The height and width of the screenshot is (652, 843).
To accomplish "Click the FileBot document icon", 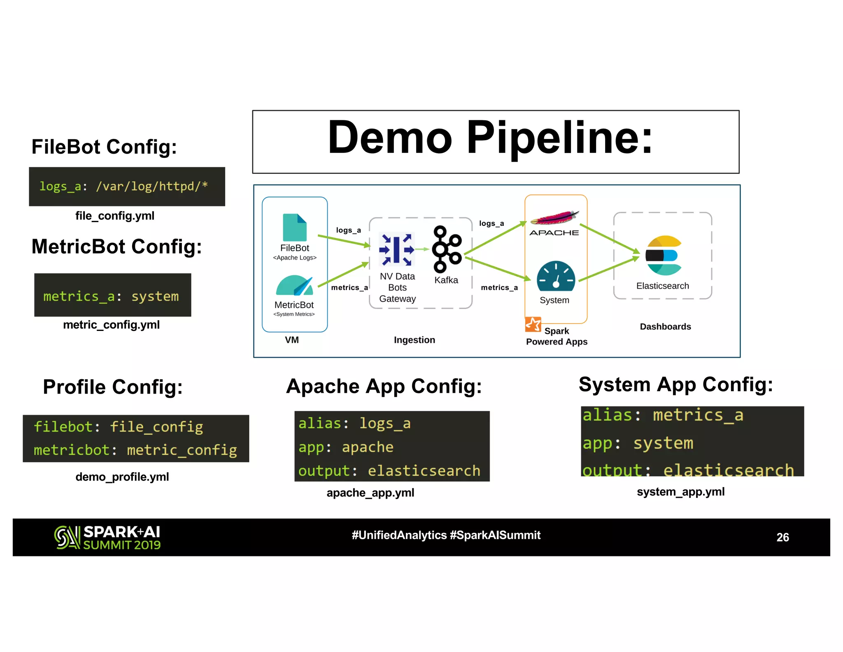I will tap(294, 227).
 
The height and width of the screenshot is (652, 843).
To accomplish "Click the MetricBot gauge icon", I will tap(294, 285).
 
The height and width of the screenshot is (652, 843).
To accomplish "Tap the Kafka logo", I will tap(446, 249).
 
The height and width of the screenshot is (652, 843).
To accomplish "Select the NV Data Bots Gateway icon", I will tap(396, 249).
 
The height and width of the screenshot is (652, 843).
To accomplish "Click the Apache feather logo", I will tap(554, 218).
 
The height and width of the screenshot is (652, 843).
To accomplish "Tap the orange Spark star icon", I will tap(533, 324).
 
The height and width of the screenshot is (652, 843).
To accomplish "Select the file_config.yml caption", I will tap(115, 216).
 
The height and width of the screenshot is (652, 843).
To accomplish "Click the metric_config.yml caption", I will tap(111, 325).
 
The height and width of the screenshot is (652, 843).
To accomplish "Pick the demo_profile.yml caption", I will tap(122, 477).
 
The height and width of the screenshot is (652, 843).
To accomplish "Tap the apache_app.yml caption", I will tap(370, 493).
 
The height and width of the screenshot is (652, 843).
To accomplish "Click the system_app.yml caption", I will tap(680, 492).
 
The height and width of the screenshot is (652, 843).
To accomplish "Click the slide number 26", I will tap(782, 537).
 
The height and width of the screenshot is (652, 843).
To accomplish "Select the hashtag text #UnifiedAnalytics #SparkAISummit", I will tap(446, 535).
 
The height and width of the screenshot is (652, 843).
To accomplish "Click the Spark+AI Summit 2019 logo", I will tap(107, 537).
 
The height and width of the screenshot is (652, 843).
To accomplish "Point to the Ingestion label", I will tap(414, 340).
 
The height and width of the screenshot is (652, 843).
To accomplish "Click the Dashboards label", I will tap(665, 327).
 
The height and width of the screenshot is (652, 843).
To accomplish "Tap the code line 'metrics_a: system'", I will tap(111, 296).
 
